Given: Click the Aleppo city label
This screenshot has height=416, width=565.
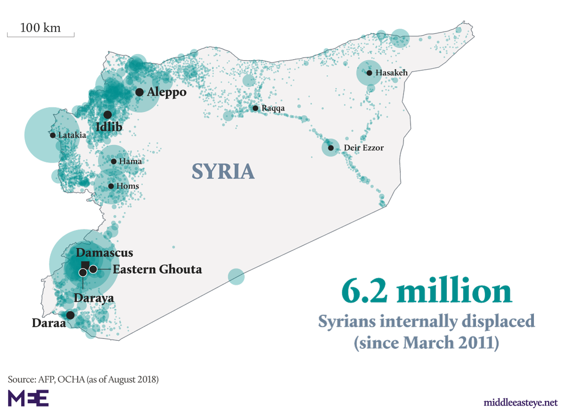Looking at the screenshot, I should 166,92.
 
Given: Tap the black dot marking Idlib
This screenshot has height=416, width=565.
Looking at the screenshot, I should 107,114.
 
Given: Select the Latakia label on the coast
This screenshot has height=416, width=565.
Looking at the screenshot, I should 72,135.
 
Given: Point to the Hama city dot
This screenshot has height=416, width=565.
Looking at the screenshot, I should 113,161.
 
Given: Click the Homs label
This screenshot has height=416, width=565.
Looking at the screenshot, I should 128,186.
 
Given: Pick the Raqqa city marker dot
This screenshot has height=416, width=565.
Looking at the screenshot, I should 255,108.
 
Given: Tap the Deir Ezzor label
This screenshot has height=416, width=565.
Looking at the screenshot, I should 363,148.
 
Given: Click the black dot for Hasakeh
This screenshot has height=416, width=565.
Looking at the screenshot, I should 369,73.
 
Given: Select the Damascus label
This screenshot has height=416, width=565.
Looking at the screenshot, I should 105,253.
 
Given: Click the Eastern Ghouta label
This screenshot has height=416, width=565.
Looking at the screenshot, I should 157,269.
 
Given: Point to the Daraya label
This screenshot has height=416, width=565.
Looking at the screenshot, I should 94,298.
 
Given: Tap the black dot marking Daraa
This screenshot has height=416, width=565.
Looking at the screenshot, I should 70,315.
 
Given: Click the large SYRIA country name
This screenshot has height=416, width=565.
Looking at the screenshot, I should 223,172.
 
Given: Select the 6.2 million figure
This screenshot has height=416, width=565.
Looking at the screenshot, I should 426,291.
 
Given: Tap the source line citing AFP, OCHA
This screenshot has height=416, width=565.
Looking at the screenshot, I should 83,379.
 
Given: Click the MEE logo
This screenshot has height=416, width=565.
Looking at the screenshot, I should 28,398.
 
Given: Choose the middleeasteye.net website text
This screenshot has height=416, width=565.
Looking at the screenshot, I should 520,403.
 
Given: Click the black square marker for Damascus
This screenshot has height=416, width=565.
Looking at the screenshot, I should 85,264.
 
